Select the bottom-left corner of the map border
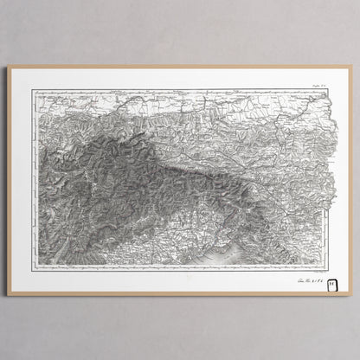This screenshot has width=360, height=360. [x=35, y=264]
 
